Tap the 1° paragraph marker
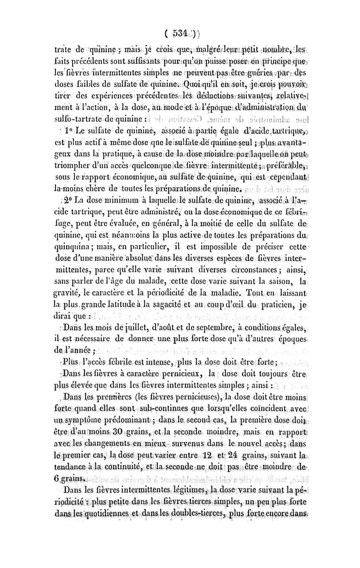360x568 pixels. pos(70,144)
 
